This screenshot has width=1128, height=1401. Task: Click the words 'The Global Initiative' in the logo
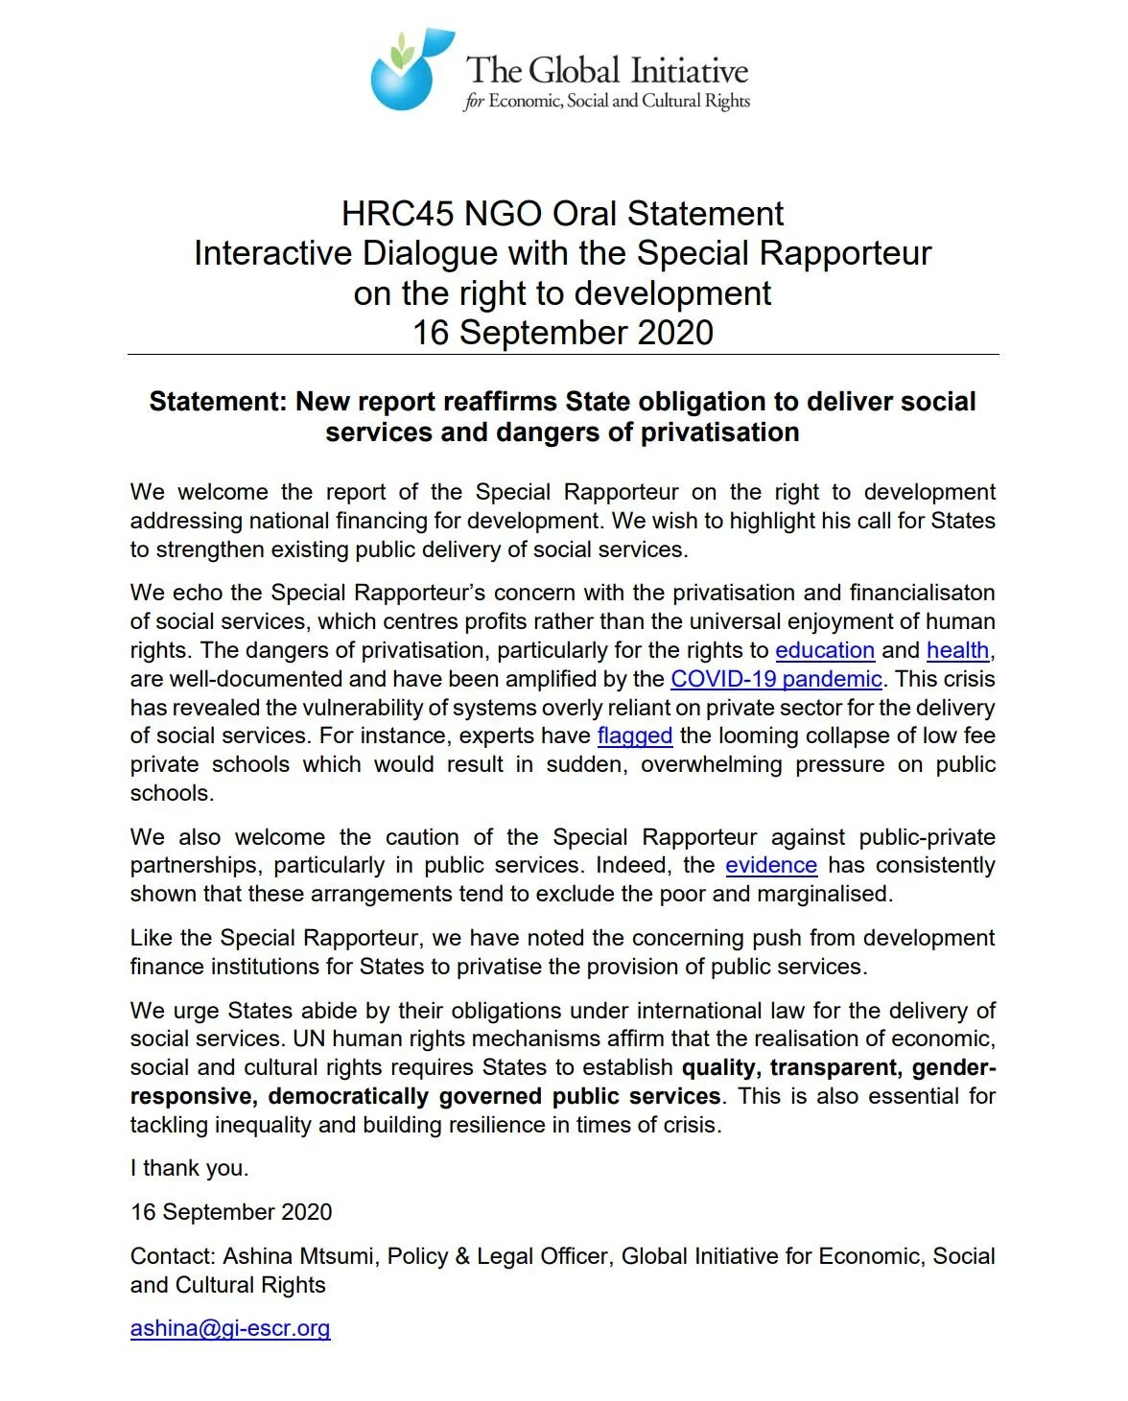[x=606, y=71]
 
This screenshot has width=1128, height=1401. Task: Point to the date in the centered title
[x=563, y=333]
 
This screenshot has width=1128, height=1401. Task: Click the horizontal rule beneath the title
[x=563, y=355]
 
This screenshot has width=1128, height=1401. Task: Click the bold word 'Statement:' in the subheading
[x=218, y=402]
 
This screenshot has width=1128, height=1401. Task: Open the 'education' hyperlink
[x=824, y=650]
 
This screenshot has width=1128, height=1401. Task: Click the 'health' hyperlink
[x=956, y=650]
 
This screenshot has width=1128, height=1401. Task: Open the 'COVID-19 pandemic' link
[x=776, y=679]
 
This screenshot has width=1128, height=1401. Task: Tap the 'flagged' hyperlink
[x=634, y=736]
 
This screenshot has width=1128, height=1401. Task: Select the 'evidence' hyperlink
[x=771, y=865]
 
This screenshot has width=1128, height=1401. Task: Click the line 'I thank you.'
[x=189, y=1168]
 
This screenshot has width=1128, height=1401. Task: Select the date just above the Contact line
[x=231, y=1212]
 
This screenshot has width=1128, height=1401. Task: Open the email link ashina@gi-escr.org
[x=230, y=1328]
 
